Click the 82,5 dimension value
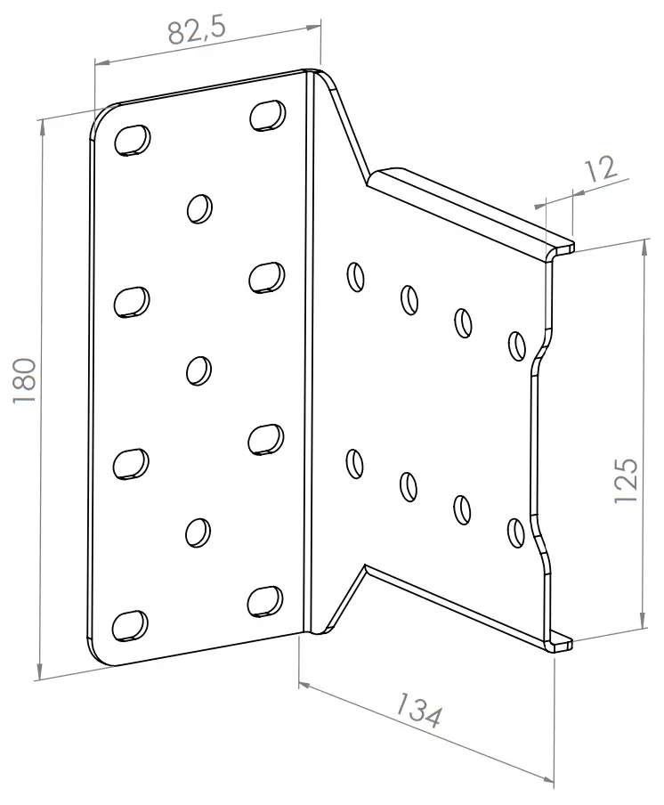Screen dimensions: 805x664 pos(197,31)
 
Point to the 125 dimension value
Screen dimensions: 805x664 pos(627,482)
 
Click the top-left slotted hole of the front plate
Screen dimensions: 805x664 pos(132,140)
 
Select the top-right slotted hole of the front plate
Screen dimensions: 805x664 pos(267,115)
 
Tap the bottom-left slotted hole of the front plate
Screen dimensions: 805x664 pos(131,624)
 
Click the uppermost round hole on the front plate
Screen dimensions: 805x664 pos(199,208)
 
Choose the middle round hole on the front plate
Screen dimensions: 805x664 pos(199,369)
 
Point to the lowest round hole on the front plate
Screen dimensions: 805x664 pos(198,532)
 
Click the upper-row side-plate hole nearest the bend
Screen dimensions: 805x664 pos(354,276)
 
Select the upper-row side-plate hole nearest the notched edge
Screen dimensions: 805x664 pos(516,346)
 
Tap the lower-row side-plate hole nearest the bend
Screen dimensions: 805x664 pos(354,463)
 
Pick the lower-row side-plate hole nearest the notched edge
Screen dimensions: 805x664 pos(515,531)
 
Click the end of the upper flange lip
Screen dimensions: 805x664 pos(561,248)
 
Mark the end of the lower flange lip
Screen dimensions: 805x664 pos(561,644)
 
